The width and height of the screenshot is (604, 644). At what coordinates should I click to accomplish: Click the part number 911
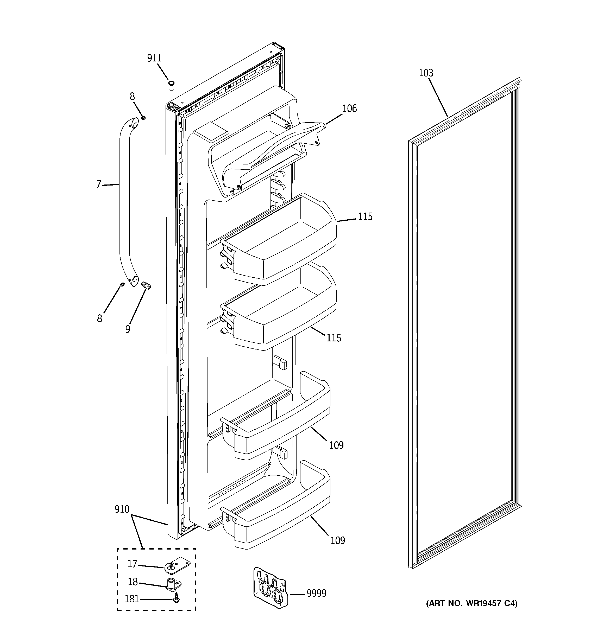(x=154, y=58)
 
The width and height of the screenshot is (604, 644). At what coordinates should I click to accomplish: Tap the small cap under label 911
(x=171, y=86)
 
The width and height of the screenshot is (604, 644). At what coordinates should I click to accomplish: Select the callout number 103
(x=426, y=73)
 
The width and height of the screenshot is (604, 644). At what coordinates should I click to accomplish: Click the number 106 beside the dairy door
(x=349, y=108)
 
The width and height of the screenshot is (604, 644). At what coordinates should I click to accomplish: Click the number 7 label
(x=99, y=185)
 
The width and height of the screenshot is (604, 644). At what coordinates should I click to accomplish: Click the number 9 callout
(x=128, y=329)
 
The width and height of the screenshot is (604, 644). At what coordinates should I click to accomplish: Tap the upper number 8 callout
(x=132, y=97)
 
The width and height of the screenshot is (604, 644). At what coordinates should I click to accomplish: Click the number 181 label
(x=132, y=599)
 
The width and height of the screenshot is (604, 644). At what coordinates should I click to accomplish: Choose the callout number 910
(x=122, y=509)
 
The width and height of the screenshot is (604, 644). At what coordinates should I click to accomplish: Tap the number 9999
(x=316, y=594)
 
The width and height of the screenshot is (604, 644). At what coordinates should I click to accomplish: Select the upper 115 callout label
(x=365, y=217)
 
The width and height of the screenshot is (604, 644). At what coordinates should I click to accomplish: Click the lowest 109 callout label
(x=337, y=540)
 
